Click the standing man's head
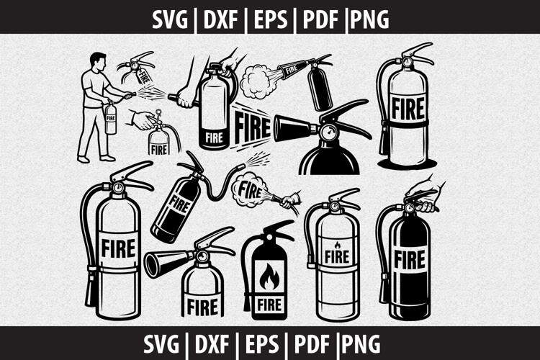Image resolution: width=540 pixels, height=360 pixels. (99, 60)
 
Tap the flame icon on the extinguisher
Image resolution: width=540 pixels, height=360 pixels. (267, 276)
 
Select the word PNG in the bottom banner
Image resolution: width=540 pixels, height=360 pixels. (368, 343)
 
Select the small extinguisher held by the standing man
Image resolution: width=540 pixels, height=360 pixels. (110, 119)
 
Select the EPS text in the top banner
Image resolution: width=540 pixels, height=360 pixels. (269, 18)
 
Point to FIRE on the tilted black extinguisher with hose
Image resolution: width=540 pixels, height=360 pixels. (181, 204)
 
